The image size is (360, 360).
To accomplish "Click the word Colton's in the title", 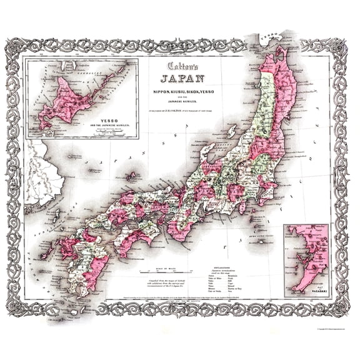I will click(x=182, y=66).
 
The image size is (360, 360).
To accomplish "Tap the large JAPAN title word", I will click(x=182, y=79).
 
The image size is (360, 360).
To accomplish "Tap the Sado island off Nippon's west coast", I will click(x=231, y=132).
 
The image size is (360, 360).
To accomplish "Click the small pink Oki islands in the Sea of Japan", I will click(x=131, y=176).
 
